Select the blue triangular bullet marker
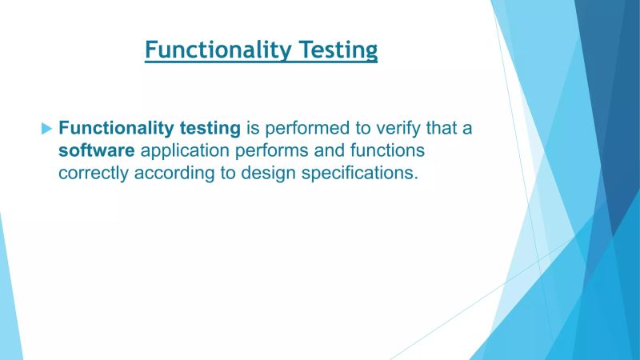[46, 127]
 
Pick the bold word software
[97, 150]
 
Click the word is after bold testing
[252, 127]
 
